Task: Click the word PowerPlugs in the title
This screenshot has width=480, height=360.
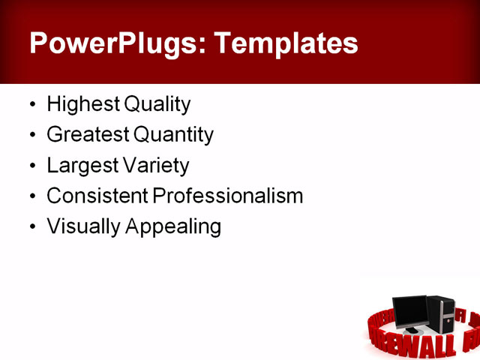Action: (112, 43)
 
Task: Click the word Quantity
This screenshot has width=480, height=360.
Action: (173, 135)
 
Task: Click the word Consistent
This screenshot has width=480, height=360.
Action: (97, 196)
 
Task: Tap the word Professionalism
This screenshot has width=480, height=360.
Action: (228, 196)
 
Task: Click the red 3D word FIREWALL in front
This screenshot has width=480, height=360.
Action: (428, 346)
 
